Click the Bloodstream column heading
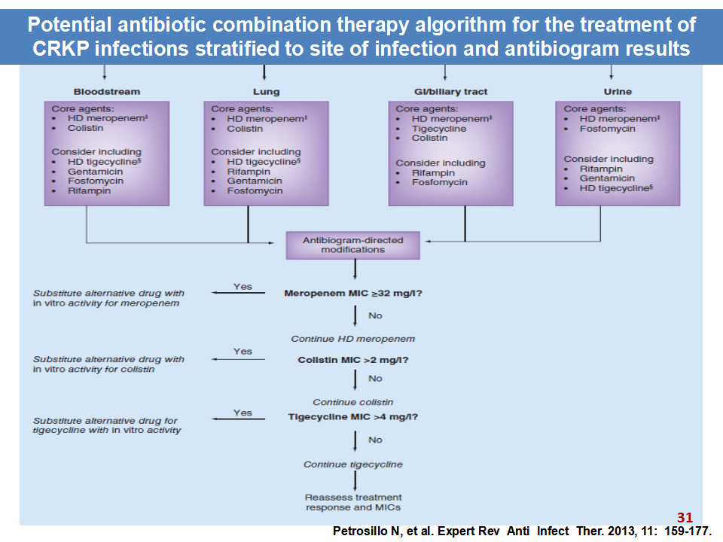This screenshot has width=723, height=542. pyautogui.click(x=107, y=92)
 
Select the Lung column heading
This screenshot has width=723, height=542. pyautogui.click(x=266, y=92)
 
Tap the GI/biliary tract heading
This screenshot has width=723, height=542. pyautogui.click(x=450, y=92)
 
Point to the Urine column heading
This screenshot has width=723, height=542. pyautogui.click(x=618, y=92)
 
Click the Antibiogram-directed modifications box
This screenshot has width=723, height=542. pyautogui.click(x=352, y=245)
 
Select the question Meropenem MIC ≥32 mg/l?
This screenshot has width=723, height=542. pyautogui.click(x=353, y=294)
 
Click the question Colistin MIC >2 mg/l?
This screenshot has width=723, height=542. pyautogui.click(x=353, y=360)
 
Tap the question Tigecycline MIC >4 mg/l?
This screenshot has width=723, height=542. pyautogui.click(x=353, y=417)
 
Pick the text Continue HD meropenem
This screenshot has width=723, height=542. pyautogui.click(x=353, y=340)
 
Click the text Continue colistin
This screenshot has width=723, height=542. pyautogui.click(x=353, y=402)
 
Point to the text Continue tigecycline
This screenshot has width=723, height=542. pyautogui.click(x=353, y=464)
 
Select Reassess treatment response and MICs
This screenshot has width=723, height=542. pyautogui.click(x=353, y=502)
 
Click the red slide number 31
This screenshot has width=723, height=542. pyautogui.click(x=685, y=518)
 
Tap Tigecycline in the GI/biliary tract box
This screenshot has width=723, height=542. pyautogui.click(x=439, y=129)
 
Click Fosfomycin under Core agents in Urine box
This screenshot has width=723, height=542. pyautogui.click(x=607, y=129)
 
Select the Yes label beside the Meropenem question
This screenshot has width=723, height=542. pyautogui.click(x=243, y=287)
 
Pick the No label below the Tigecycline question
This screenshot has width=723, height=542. pyautogui.click(x=375, y=440)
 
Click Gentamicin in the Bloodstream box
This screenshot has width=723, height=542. pyautogui.click(x=96, y=172)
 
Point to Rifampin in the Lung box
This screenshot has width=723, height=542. pyautogui.click(x=249, y=172)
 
